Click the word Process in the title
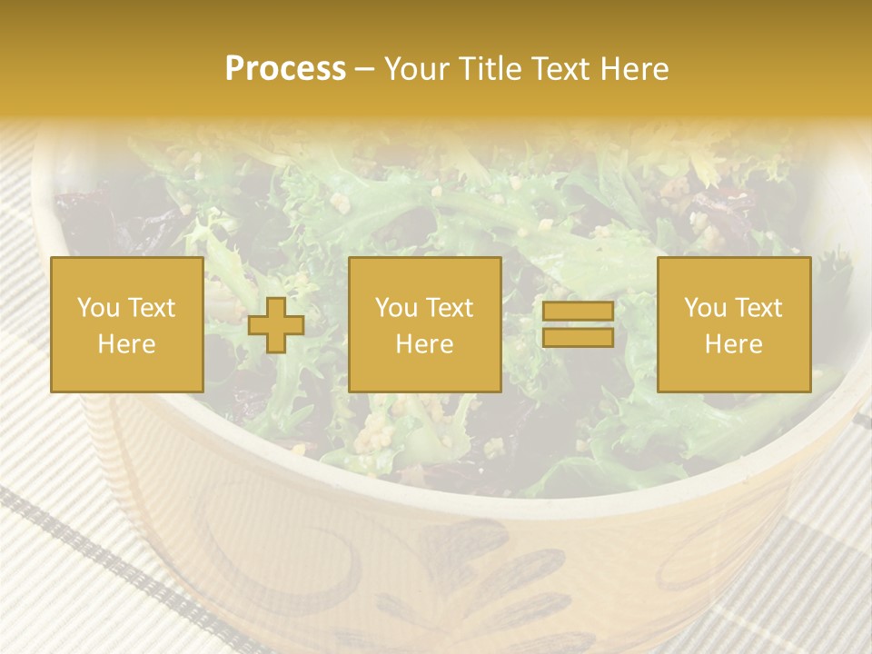285,70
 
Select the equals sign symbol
578,325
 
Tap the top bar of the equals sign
578,312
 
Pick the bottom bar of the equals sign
578,338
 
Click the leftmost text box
127,325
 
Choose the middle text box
424,325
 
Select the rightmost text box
734,325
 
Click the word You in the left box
97,308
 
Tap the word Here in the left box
127,344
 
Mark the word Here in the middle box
424,344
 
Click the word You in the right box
705,308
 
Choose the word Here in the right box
734,344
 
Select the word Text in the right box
758,308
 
